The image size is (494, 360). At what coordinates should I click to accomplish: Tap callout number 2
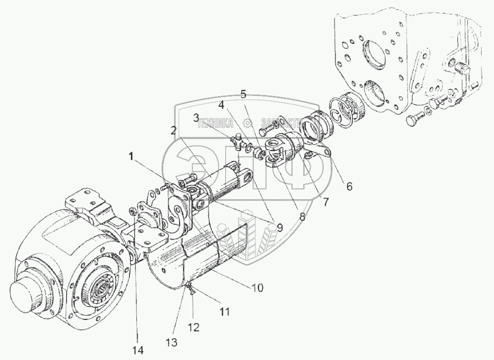(173, 130)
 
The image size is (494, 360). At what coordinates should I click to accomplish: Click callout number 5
(243, 93)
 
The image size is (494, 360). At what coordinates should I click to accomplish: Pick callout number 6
(349, 187)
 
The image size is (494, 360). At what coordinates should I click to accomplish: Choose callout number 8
(302, 215)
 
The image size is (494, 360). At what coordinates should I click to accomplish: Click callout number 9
(279, 228)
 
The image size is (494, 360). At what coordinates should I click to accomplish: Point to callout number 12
(194, 326)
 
